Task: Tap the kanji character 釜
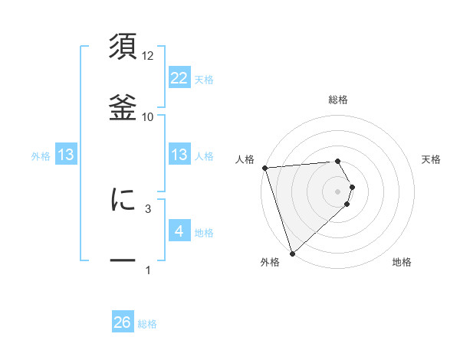coord(123,106)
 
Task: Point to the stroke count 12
coord(148,56)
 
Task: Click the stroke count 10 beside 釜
coord(148,116)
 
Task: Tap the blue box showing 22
coord(179,78)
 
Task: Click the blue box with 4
coord(179,231)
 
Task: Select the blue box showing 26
coord(123,323)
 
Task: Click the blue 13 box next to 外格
coord(66,155)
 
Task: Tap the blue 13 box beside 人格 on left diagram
coord(179,155)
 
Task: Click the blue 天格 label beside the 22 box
coord(204,80)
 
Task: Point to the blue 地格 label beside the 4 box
coord(204,233)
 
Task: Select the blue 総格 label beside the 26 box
coord(147,324)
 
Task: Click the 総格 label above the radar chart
coord(338,100)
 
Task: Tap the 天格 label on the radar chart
coord(432,159)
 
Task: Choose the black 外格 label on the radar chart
coord(270,262)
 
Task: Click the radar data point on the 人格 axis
coord(264,168)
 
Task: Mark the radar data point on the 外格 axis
coord(292,253)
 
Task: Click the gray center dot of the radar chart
coord(338,191)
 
